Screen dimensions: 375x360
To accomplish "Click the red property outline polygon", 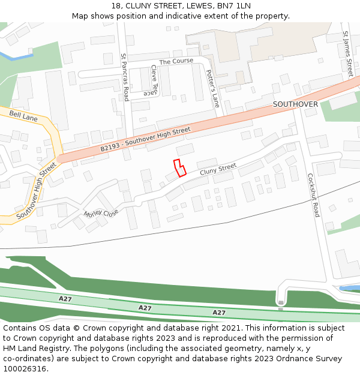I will pyautogui.click(x=179, y=167).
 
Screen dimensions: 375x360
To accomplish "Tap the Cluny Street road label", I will pyautogui.click(x=218, y=169).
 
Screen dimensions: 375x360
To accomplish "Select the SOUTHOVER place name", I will pyautogui.click(x=295, y=104).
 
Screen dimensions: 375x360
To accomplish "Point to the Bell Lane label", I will pyautogui.click(x=23, y=116).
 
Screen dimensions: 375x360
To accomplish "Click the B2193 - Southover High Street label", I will pyautogui.click(x=145, y=139).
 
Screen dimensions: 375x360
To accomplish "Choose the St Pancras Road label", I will pyautogui.click(x=125, y=77).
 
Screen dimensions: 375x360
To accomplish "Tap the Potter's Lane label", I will pyautogui.click(x=213, y=89).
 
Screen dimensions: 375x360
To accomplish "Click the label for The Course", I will pyautogui.click(x=176, y=61).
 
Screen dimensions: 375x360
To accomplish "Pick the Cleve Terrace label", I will pyautogui.click(x=150, y=80).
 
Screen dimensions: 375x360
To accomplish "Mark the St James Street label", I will pyautogui.click(x=347, y=54).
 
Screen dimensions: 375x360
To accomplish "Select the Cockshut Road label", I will pyautogui.click(x=313, y=195).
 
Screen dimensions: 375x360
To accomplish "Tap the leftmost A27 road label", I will pyautogui.click(x=65, y=298).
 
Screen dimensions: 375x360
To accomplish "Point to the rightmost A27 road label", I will pyautogui.click(x=219, y=313).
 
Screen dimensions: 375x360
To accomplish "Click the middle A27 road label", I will pyautogui.click(x=145, y=308).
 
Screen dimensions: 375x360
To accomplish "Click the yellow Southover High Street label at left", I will pyautogui.click(x=36, y=190).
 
